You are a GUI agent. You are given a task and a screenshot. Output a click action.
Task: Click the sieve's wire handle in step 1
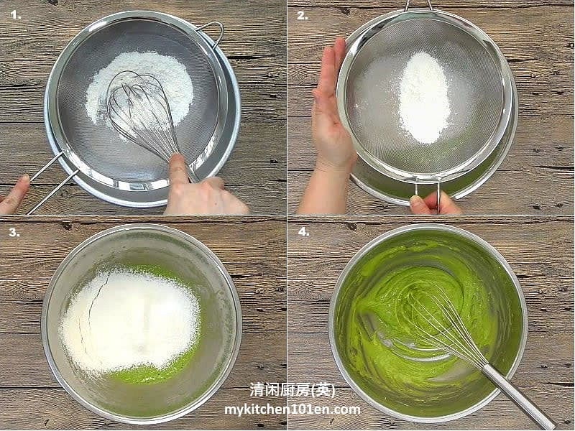point(50,180)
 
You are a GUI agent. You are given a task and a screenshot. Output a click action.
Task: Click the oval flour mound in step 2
point(424,97)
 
